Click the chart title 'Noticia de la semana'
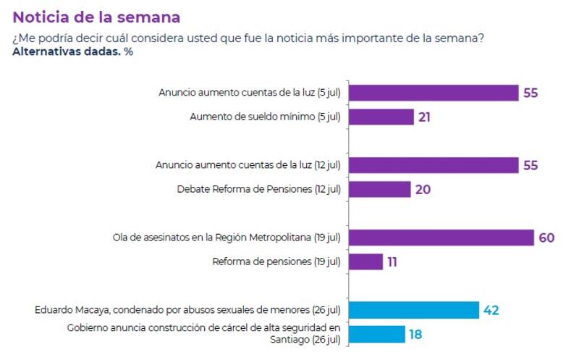coord(96,16)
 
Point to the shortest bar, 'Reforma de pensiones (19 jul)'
coord(366,261)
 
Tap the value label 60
coord(546,238)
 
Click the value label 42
coord(491,310)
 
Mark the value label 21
coord(424,117)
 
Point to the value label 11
coord(392,261)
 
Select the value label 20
coord(423,189)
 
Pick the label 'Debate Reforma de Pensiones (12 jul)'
coord(258,189)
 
